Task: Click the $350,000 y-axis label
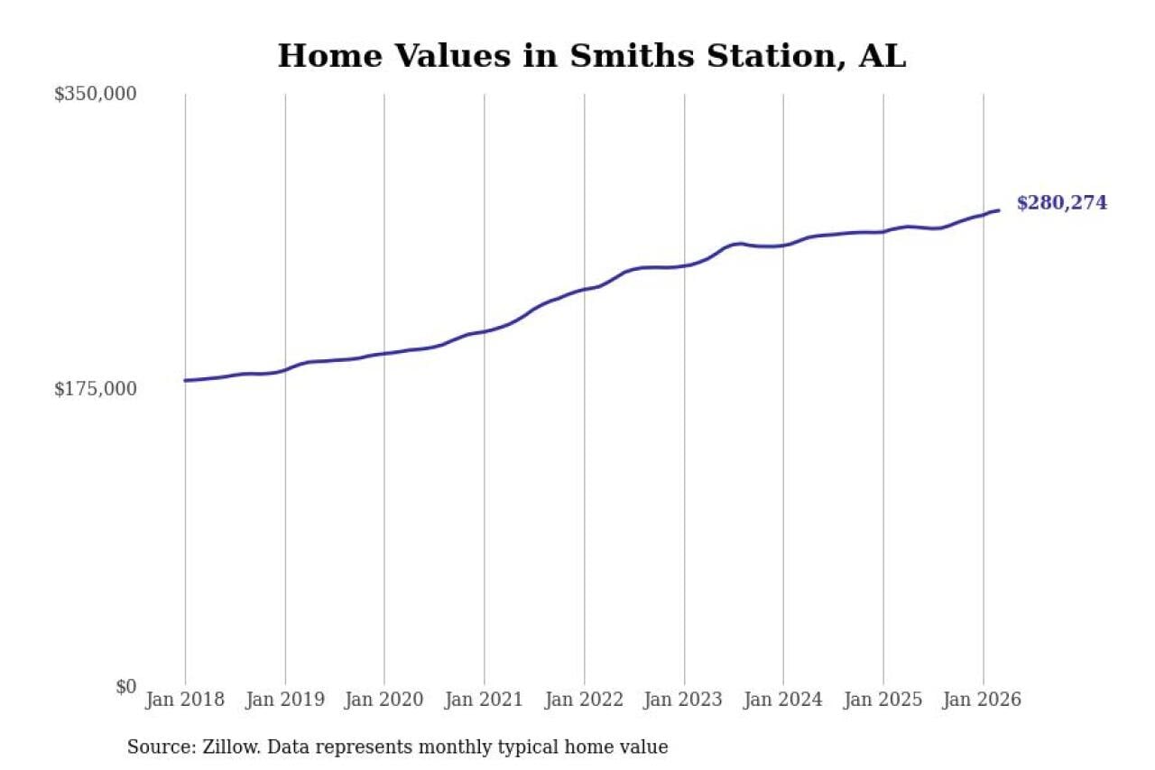(x=95, y=94)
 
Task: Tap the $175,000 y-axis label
(x=95, y=389)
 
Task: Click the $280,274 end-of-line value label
(x=1061, y=204)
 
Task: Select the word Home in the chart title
(x=327, y=57)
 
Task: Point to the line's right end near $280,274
(x=999, y=210)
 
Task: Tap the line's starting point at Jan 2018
(x=185, y=380)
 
